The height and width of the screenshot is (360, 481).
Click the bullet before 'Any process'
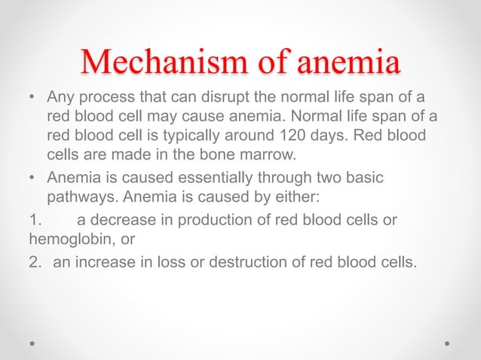click(31, 98)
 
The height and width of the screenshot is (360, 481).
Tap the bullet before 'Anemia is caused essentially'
click(31, 179)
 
